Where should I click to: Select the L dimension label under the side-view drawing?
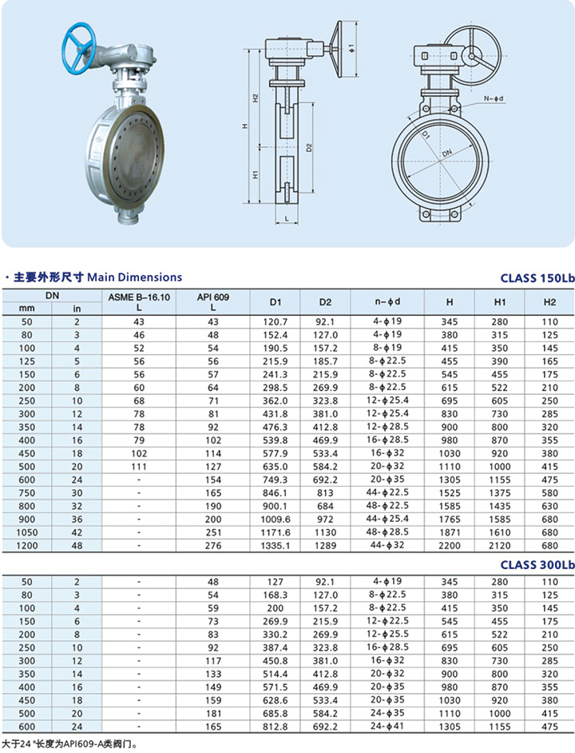pos(285,218)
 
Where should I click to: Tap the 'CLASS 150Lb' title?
pos(537,278)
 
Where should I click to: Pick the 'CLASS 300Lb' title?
pos(537,564)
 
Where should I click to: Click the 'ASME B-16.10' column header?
pos(139,297)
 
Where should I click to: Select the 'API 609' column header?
pos(213,297)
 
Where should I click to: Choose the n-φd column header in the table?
pos(387,301)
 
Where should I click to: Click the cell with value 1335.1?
pos(276,546)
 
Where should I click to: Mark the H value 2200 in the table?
pos(450,546)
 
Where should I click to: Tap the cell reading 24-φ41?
pos(387,727)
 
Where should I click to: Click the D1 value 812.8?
pos(276,727)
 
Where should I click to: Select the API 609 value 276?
pos(213,546)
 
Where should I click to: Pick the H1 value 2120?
pos(501,546)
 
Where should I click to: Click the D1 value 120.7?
pos(276,321)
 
